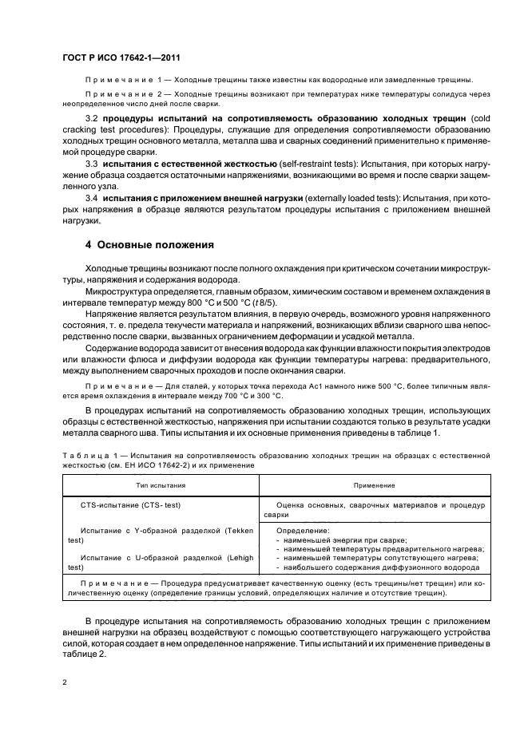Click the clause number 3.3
tap(92, 163)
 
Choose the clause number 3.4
tap(92, 196)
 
